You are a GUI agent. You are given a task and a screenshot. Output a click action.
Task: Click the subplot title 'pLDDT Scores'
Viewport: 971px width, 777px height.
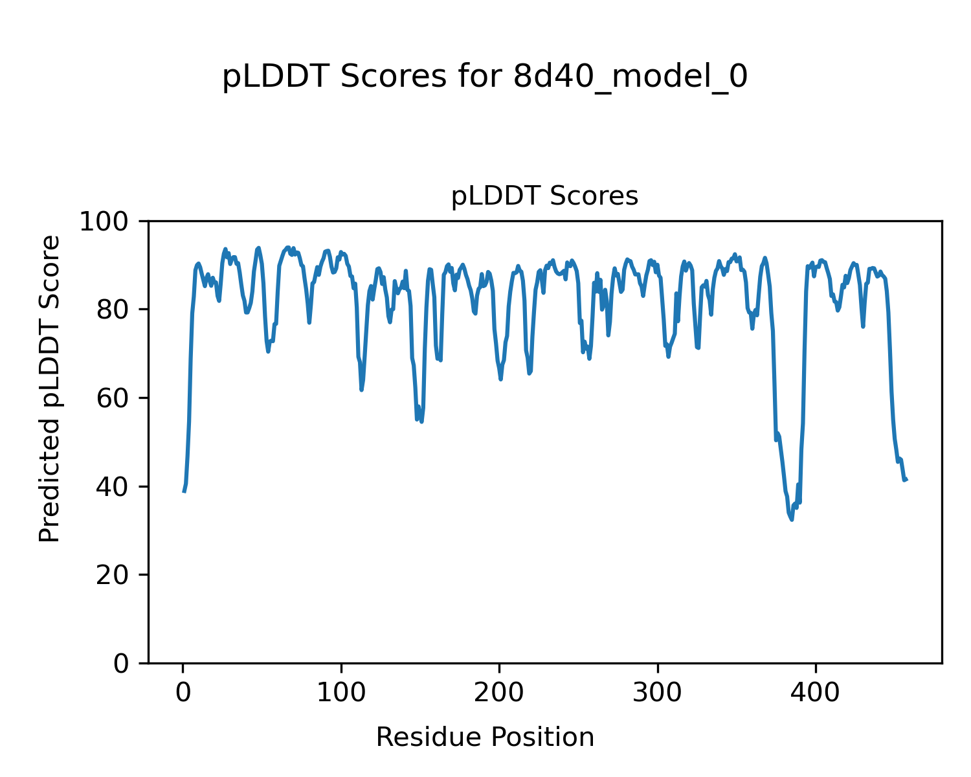coord(544,196)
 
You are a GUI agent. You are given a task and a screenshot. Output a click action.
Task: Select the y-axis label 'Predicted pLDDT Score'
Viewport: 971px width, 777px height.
coord(50,388)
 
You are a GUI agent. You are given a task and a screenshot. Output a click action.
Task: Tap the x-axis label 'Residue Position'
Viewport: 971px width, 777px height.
coord(485,738)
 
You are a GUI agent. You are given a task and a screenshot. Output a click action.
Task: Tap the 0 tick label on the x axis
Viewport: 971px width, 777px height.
coord(183,693)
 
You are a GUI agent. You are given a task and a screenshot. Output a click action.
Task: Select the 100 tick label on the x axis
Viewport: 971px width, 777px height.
coord(341,693)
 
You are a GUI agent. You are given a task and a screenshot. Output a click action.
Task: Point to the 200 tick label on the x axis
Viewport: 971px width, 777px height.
coord(499,693)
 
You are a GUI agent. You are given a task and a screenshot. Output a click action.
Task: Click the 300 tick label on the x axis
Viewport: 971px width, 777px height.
coord(658,693)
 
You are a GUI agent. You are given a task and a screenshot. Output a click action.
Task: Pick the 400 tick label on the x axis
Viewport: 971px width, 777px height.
coord(816,693)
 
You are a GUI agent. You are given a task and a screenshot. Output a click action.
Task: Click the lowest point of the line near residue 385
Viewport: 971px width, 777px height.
coord(792,519)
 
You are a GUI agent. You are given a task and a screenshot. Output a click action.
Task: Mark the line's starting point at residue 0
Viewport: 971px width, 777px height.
coord(184,491)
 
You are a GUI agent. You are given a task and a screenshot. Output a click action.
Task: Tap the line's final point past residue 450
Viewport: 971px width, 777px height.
coord(906,480)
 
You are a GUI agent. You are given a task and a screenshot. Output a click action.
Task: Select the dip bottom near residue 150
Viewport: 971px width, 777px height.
coord(421,422)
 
